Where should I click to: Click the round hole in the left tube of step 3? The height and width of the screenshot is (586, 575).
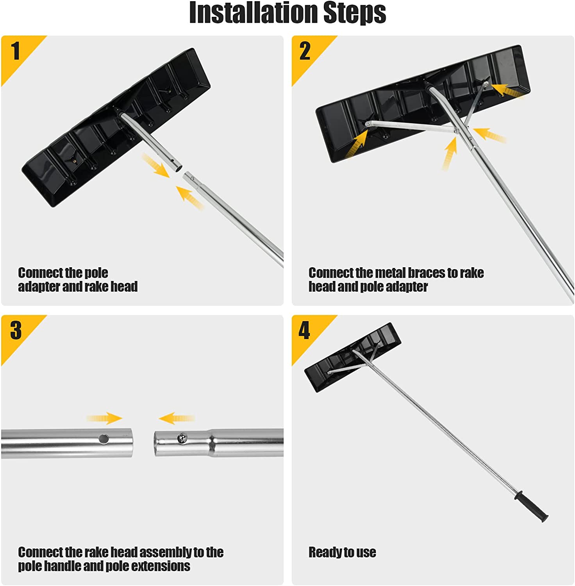(104, 439)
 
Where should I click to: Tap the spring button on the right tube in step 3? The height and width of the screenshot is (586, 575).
(181, 438)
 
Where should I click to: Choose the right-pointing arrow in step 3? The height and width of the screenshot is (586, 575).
(104, 418)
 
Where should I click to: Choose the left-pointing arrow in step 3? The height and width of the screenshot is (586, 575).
(177, 418)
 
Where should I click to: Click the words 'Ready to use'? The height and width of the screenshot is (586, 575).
(342, 552)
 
